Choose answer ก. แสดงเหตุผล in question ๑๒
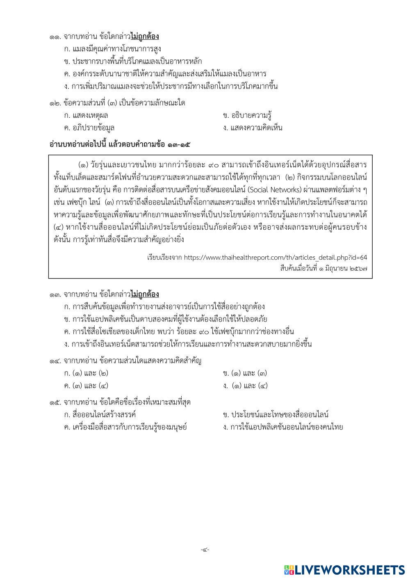pos(86,115)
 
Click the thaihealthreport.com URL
pos(275,258)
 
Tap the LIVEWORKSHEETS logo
pos(344,569)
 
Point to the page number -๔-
pos(205,550)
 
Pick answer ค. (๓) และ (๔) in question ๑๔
pos(86,386)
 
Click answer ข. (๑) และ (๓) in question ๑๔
pos(245,373)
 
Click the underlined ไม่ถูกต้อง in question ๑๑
pos(145,37)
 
